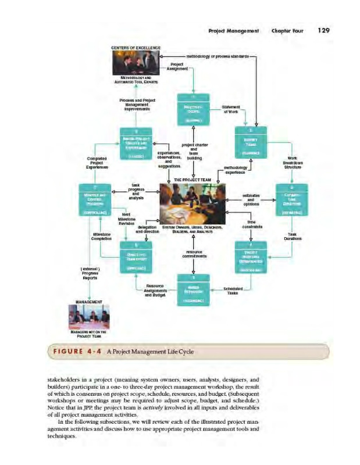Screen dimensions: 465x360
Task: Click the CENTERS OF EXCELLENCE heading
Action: (x=136, y=48)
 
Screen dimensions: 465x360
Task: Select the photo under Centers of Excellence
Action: (x=136, y=63)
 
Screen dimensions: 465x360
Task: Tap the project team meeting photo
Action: (x=193, y=203)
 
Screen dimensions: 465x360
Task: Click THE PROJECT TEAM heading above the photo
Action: (x=192, y=180)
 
